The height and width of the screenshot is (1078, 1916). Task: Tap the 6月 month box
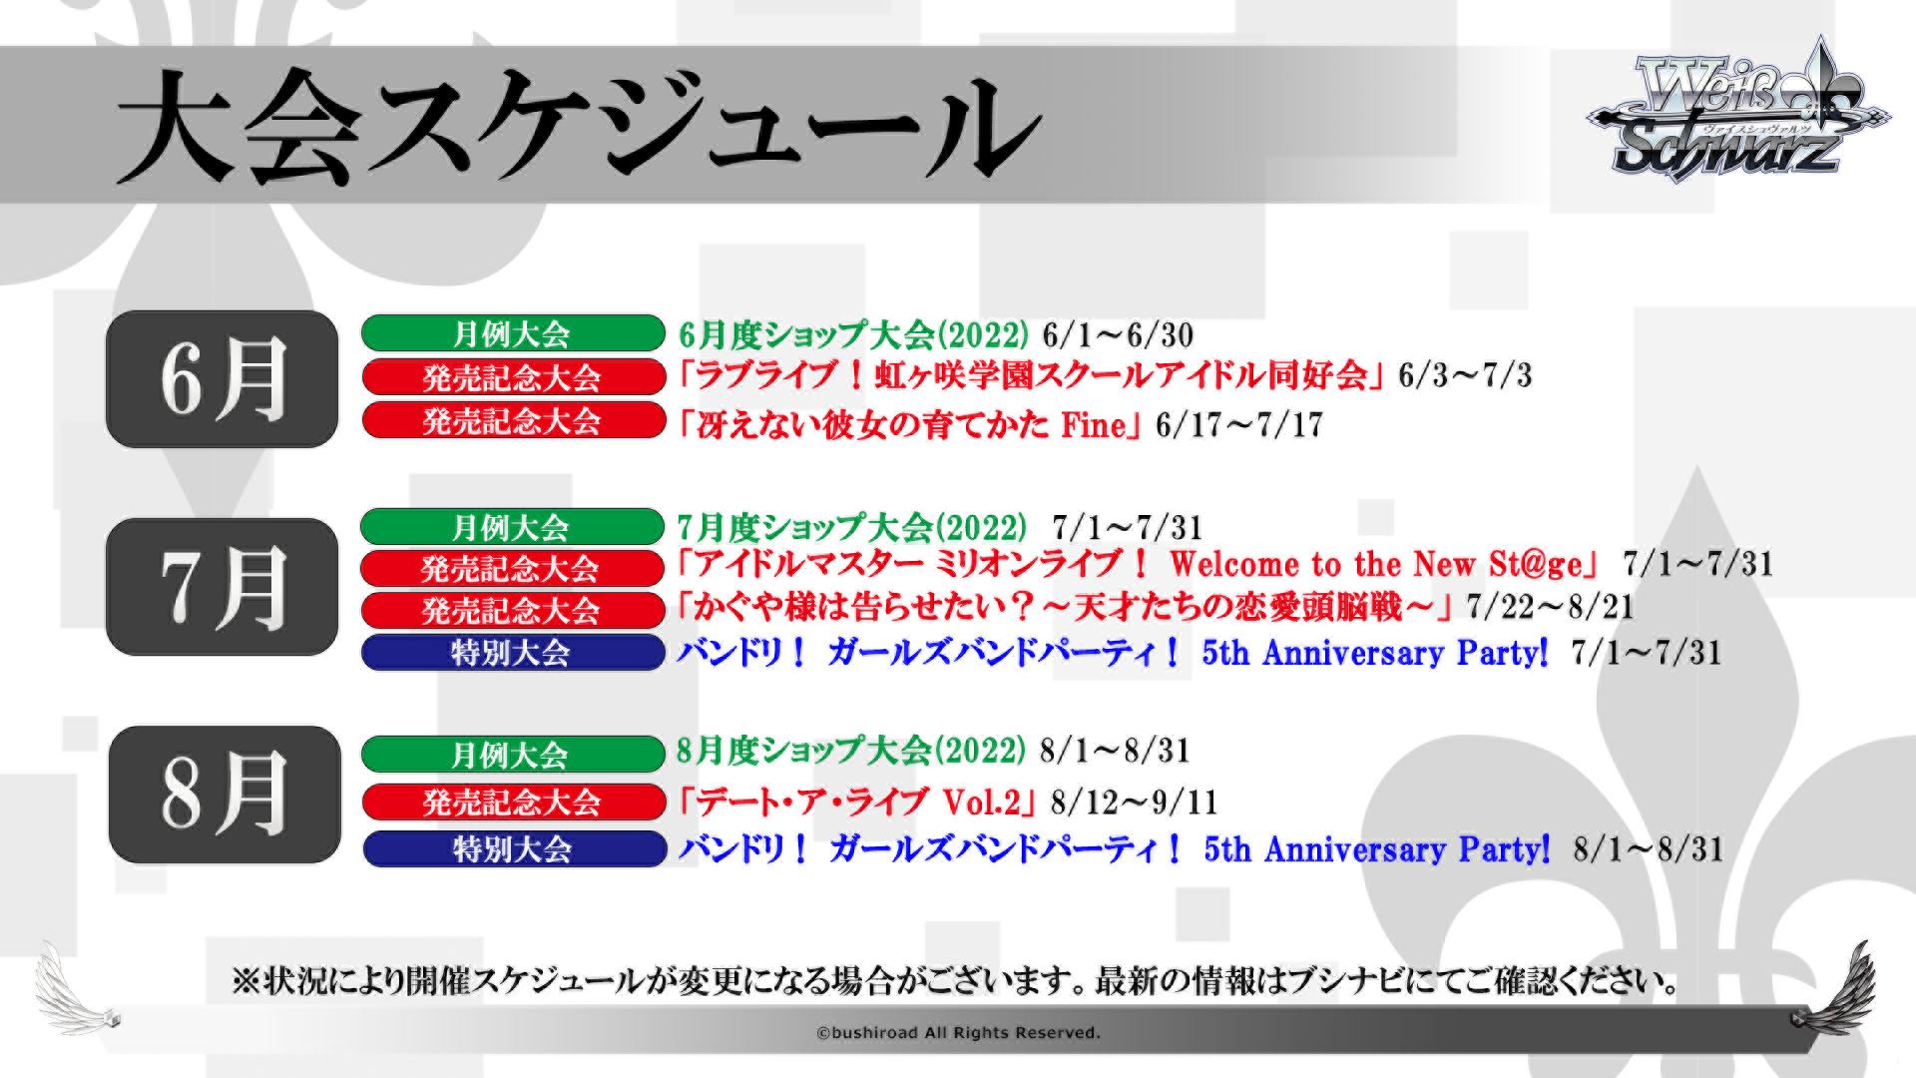[x=223, y=378]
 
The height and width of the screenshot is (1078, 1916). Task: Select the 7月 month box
[x=223, y=587]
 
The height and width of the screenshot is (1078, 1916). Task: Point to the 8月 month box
[x=225, y=795]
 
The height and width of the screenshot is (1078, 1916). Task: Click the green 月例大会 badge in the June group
[x=512, y=333]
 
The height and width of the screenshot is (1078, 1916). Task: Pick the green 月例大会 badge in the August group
[x=512, y=755]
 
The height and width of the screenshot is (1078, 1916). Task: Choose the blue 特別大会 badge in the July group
[x=512, y=653]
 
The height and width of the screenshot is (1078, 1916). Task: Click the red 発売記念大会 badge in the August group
[x=512, y=802]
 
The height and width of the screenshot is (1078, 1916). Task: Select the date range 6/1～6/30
[x=1118, y=334]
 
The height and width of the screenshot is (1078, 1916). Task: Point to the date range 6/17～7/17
[x=1238, y=425]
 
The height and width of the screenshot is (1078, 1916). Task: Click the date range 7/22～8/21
[x=1549, y=606]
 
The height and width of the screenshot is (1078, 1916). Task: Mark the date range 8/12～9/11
[x=1134, y=802]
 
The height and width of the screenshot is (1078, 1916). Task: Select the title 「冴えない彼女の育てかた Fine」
[x=907, y=425]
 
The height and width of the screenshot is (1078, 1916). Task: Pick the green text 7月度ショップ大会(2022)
[x=851, y=527]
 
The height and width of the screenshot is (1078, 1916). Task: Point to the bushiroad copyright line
[x=958, y=1033]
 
